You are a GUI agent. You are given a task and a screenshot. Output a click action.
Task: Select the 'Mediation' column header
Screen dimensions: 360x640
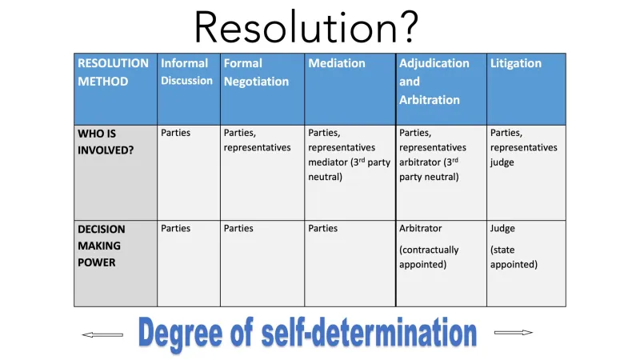click(x=337, y=63)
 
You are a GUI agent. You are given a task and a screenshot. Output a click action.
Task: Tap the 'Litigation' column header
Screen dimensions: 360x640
click(x=515, y=63)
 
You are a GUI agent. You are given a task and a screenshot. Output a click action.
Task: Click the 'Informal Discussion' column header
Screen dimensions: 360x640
click(x=186, y=71)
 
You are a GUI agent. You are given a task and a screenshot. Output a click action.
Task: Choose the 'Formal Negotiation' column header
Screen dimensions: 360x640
click(x=256, y=72)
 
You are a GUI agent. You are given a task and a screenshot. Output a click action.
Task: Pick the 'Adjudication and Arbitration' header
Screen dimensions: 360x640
click(x=434, y=81)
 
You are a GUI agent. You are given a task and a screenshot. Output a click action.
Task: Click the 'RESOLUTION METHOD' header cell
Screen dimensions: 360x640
click(x=113, y=72)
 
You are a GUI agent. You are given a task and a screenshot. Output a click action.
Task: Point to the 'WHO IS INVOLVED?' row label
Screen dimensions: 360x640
click(x=106, y=140)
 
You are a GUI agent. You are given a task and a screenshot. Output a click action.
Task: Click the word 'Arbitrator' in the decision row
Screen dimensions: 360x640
click(x=420, y=229)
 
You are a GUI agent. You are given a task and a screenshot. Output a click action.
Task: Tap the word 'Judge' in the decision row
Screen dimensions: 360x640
click(x=502, y=229)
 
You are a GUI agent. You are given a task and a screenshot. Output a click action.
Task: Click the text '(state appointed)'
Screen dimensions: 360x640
click(x=514, y=257)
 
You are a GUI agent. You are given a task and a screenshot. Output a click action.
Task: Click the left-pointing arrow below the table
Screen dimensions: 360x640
click(x=102, y=334)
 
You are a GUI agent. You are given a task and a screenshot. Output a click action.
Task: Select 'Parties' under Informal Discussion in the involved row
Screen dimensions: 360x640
click(x=176, y=132)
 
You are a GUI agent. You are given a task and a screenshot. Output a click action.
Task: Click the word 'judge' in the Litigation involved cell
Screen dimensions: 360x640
click(x=502, y=162)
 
